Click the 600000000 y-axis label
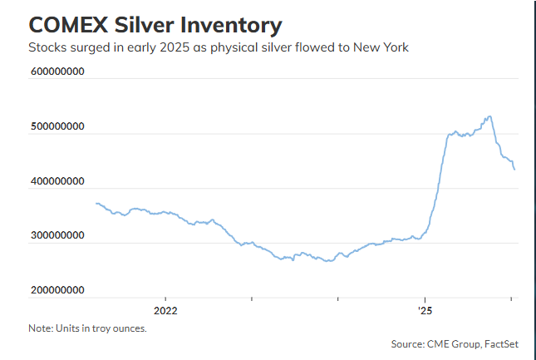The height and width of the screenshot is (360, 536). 57,72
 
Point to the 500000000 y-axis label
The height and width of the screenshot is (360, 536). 57,126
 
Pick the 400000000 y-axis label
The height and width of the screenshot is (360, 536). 57,181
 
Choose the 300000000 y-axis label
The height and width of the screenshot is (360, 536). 57,236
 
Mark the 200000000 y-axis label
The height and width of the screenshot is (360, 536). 57,291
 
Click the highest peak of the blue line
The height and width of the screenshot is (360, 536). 489,116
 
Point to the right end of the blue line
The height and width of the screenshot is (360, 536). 514,170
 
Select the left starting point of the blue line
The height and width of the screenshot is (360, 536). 96,203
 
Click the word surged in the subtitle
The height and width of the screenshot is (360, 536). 88,47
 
